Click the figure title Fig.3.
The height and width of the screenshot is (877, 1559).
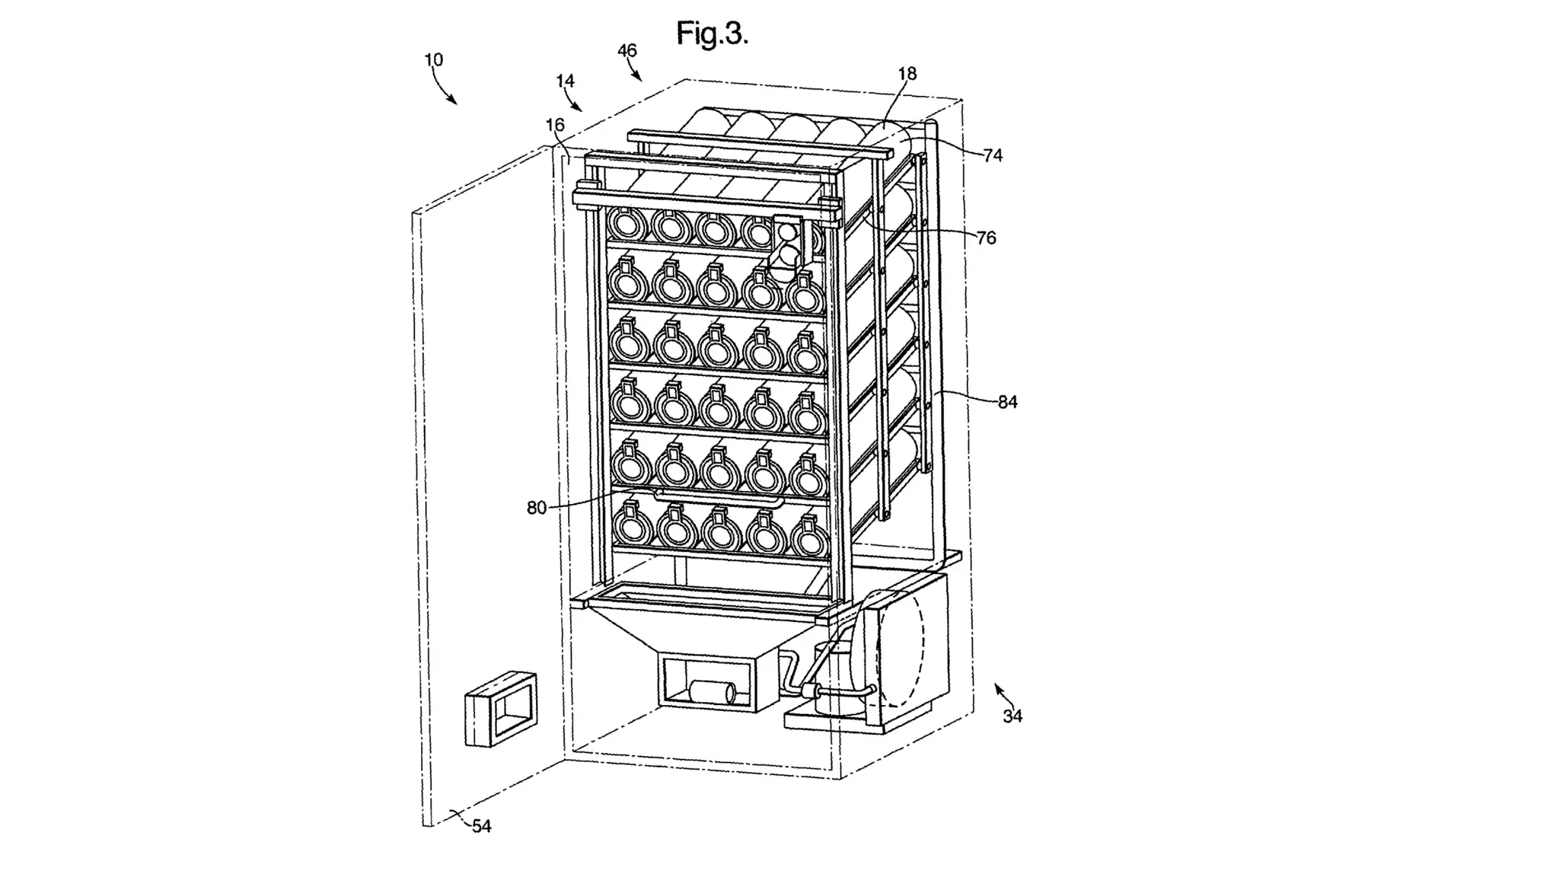coord(713,33)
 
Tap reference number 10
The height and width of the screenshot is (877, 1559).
coord(433,59)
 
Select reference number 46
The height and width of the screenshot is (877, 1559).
coord(626,50)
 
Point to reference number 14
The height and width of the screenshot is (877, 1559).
coord(565,81)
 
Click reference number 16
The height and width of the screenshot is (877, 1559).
coord(555,125)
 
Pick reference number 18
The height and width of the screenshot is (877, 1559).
coord(907,74)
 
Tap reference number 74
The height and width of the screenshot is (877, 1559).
coord(993,155)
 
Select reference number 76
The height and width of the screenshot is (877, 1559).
coord(986,238)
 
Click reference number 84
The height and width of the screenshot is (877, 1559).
coord(1007,402)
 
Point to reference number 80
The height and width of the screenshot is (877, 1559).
coord(537,508)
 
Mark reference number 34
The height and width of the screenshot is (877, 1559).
coord(1012,716)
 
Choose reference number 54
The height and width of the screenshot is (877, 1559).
coord(481,826)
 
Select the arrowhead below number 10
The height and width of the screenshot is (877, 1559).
coord(453,101)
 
